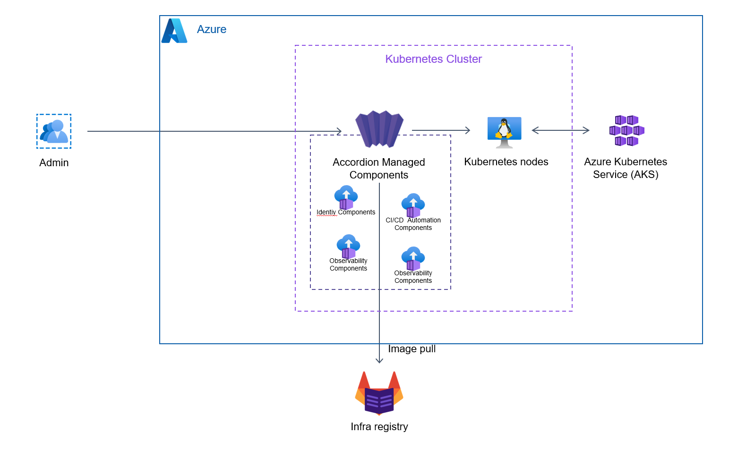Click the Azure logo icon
174,31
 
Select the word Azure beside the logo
211,29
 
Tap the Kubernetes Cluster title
433,59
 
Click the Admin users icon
54,131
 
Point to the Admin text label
54,163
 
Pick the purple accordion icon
379,128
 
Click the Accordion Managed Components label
379,169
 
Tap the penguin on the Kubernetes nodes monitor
504,128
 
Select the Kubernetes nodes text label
506,162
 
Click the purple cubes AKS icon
626,131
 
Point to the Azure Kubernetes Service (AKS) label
626,168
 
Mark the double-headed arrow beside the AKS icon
560,130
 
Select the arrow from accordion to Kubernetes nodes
441,130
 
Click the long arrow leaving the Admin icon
213,131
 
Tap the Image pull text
412,349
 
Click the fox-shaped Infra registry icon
379,393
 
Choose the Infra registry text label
379,427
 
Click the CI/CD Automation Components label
413,224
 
